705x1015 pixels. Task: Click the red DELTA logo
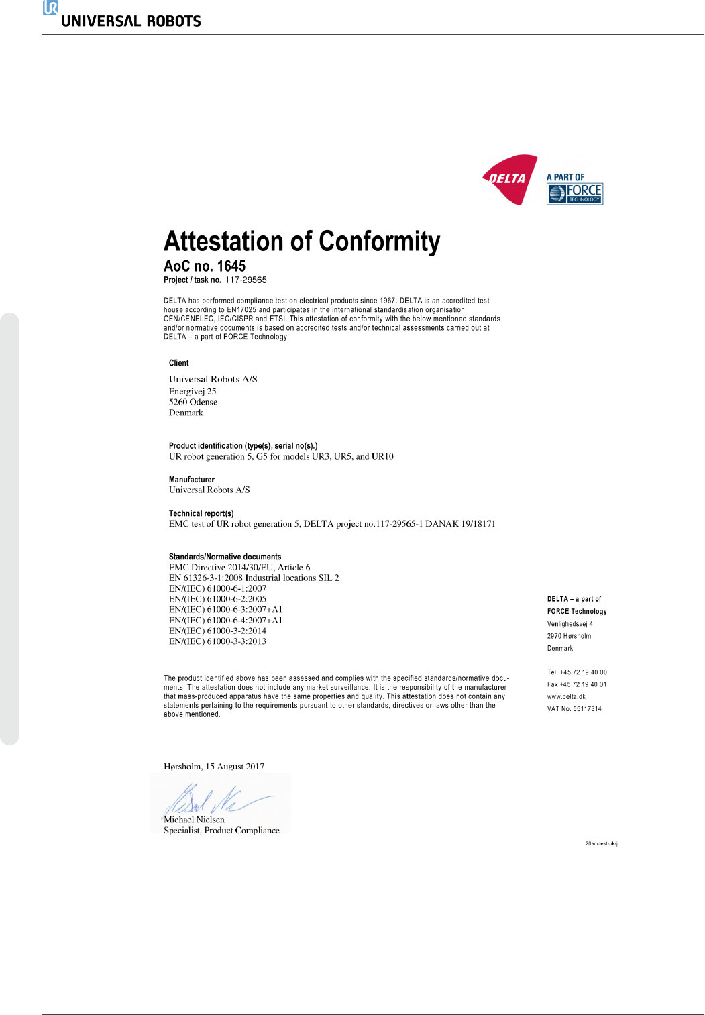tap(510, 178)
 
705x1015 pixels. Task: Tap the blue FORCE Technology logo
tap(575, 193)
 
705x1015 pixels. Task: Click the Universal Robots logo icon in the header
tap(50, 8)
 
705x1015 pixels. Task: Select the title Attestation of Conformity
tap(302, 242)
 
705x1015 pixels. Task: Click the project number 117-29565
tap(246, 280)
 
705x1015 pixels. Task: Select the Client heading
tap(179, 363)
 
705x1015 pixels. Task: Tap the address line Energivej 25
tap(193, 392)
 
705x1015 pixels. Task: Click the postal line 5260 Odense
tap(193, 403)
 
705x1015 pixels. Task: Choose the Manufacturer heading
tap(192, 480)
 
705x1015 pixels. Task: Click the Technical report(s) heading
tap(201, 513)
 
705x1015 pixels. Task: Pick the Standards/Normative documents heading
tap(225, 557)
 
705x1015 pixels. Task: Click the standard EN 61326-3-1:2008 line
tap(254, 578)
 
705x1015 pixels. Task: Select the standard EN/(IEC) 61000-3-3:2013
tap(217, 641)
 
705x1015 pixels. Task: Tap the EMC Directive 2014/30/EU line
tap(239, 568)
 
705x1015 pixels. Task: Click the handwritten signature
tap(215, 799)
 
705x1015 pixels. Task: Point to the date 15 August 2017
tap(235, 767)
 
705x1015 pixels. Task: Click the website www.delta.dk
tap(566, 697)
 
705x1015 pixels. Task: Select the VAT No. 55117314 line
tap(574, 709)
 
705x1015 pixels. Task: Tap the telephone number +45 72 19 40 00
tap(583, 672)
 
